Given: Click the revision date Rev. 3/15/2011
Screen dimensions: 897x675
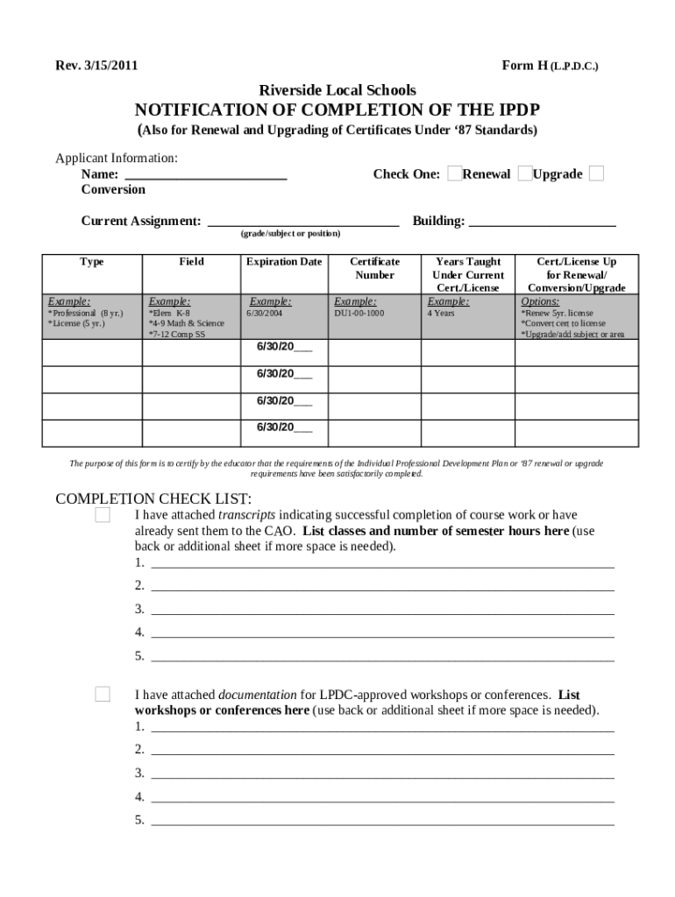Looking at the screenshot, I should pyautogui.click(x=96, y=66).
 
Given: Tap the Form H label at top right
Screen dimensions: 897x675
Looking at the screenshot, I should pyautogui.click(x=550, y=66).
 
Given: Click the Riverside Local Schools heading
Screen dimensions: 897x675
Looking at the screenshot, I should pyautogui.click(x=337, y=90).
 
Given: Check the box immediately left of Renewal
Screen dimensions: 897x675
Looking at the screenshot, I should pyautogui.click(x=454, y=173).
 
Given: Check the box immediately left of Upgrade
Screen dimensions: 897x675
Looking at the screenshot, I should pyautogui.click(x=524, y=173).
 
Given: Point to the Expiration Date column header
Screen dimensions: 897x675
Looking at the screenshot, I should pyautogui.click(x=284, y=262).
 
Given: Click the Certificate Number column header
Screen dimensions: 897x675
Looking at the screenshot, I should pyautogui.click(x=374, y=268).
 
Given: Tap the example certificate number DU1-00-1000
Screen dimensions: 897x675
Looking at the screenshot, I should pyautogui.click(x=359, y=313).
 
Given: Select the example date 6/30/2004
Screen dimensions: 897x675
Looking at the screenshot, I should pyautogui.click(x=265, y=313).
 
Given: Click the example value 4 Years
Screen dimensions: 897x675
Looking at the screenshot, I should pyautogui.click(x=441, y=313).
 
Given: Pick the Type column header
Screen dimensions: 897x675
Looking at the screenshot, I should pyautogui.click(x=92, y=262).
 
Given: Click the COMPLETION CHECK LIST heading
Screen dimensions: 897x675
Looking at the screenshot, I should pyautogui.click(x=153, y=499).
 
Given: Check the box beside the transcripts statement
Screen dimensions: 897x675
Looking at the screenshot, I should pyautogui.click(x=103, y=515).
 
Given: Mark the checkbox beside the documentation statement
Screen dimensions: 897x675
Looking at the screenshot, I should pyautogui.click(x=103, y=695).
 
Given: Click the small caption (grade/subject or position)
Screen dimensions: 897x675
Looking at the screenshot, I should pyautogui.click(x=290, y=234).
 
